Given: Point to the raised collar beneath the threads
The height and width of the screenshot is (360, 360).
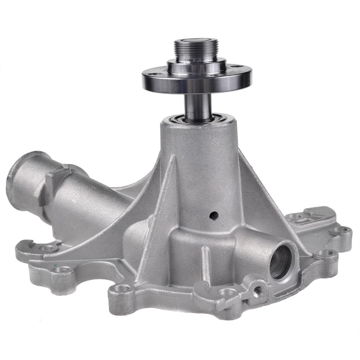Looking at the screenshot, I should click(x=197, y=67).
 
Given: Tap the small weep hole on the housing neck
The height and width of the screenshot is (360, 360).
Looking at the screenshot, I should click(x=214, y=216).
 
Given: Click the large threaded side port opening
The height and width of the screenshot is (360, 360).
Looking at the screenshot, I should click(x=282, y=261).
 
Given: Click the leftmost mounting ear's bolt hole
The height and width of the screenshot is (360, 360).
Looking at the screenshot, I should click(x=49, y=248).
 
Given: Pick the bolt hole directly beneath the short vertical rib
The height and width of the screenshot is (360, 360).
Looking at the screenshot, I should click(x=228, y=292).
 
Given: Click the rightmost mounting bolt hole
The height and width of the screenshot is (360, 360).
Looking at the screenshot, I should click(x=342, y=230).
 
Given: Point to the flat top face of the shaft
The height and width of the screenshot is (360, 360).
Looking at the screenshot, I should click(x=196, y=41).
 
